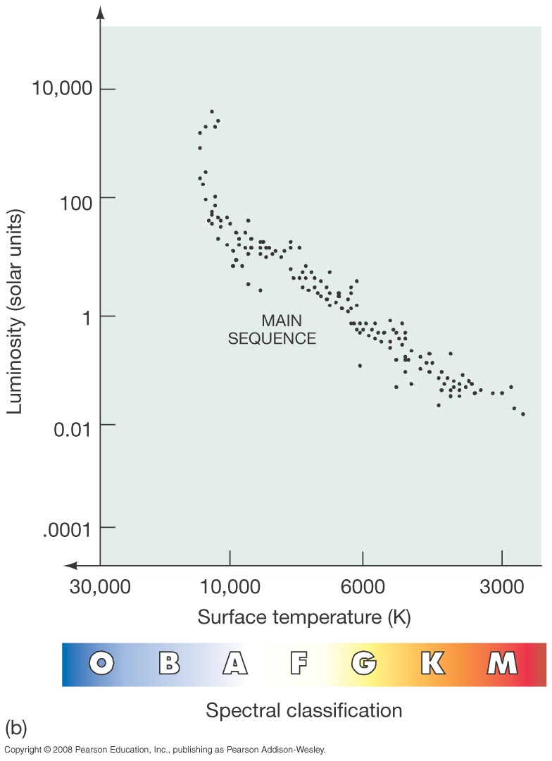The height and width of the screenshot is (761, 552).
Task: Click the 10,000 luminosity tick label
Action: tap(63, 89)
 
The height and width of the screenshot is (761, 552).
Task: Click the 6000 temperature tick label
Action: tap(363, 586)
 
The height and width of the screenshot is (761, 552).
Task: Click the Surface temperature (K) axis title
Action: tap(303, 617)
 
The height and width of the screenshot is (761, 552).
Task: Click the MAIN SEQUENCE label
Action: tap(272, 329)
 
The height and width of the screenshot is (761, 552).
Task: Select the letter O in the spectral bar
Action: tap(102, 663)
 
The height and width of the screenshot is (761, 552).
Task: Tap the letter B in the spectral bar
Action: tap(168, 663)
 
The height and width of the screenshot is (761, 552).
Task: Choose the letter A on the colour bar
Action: tap(235, 663)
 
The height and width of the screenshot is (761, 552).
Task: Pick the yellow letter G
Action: tap(364, 663)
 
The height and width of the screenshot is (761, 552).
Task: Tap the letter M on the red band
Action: tap(502, 663)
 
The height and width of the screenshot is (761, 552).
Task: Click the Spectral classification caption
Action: tap(303, 710)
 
